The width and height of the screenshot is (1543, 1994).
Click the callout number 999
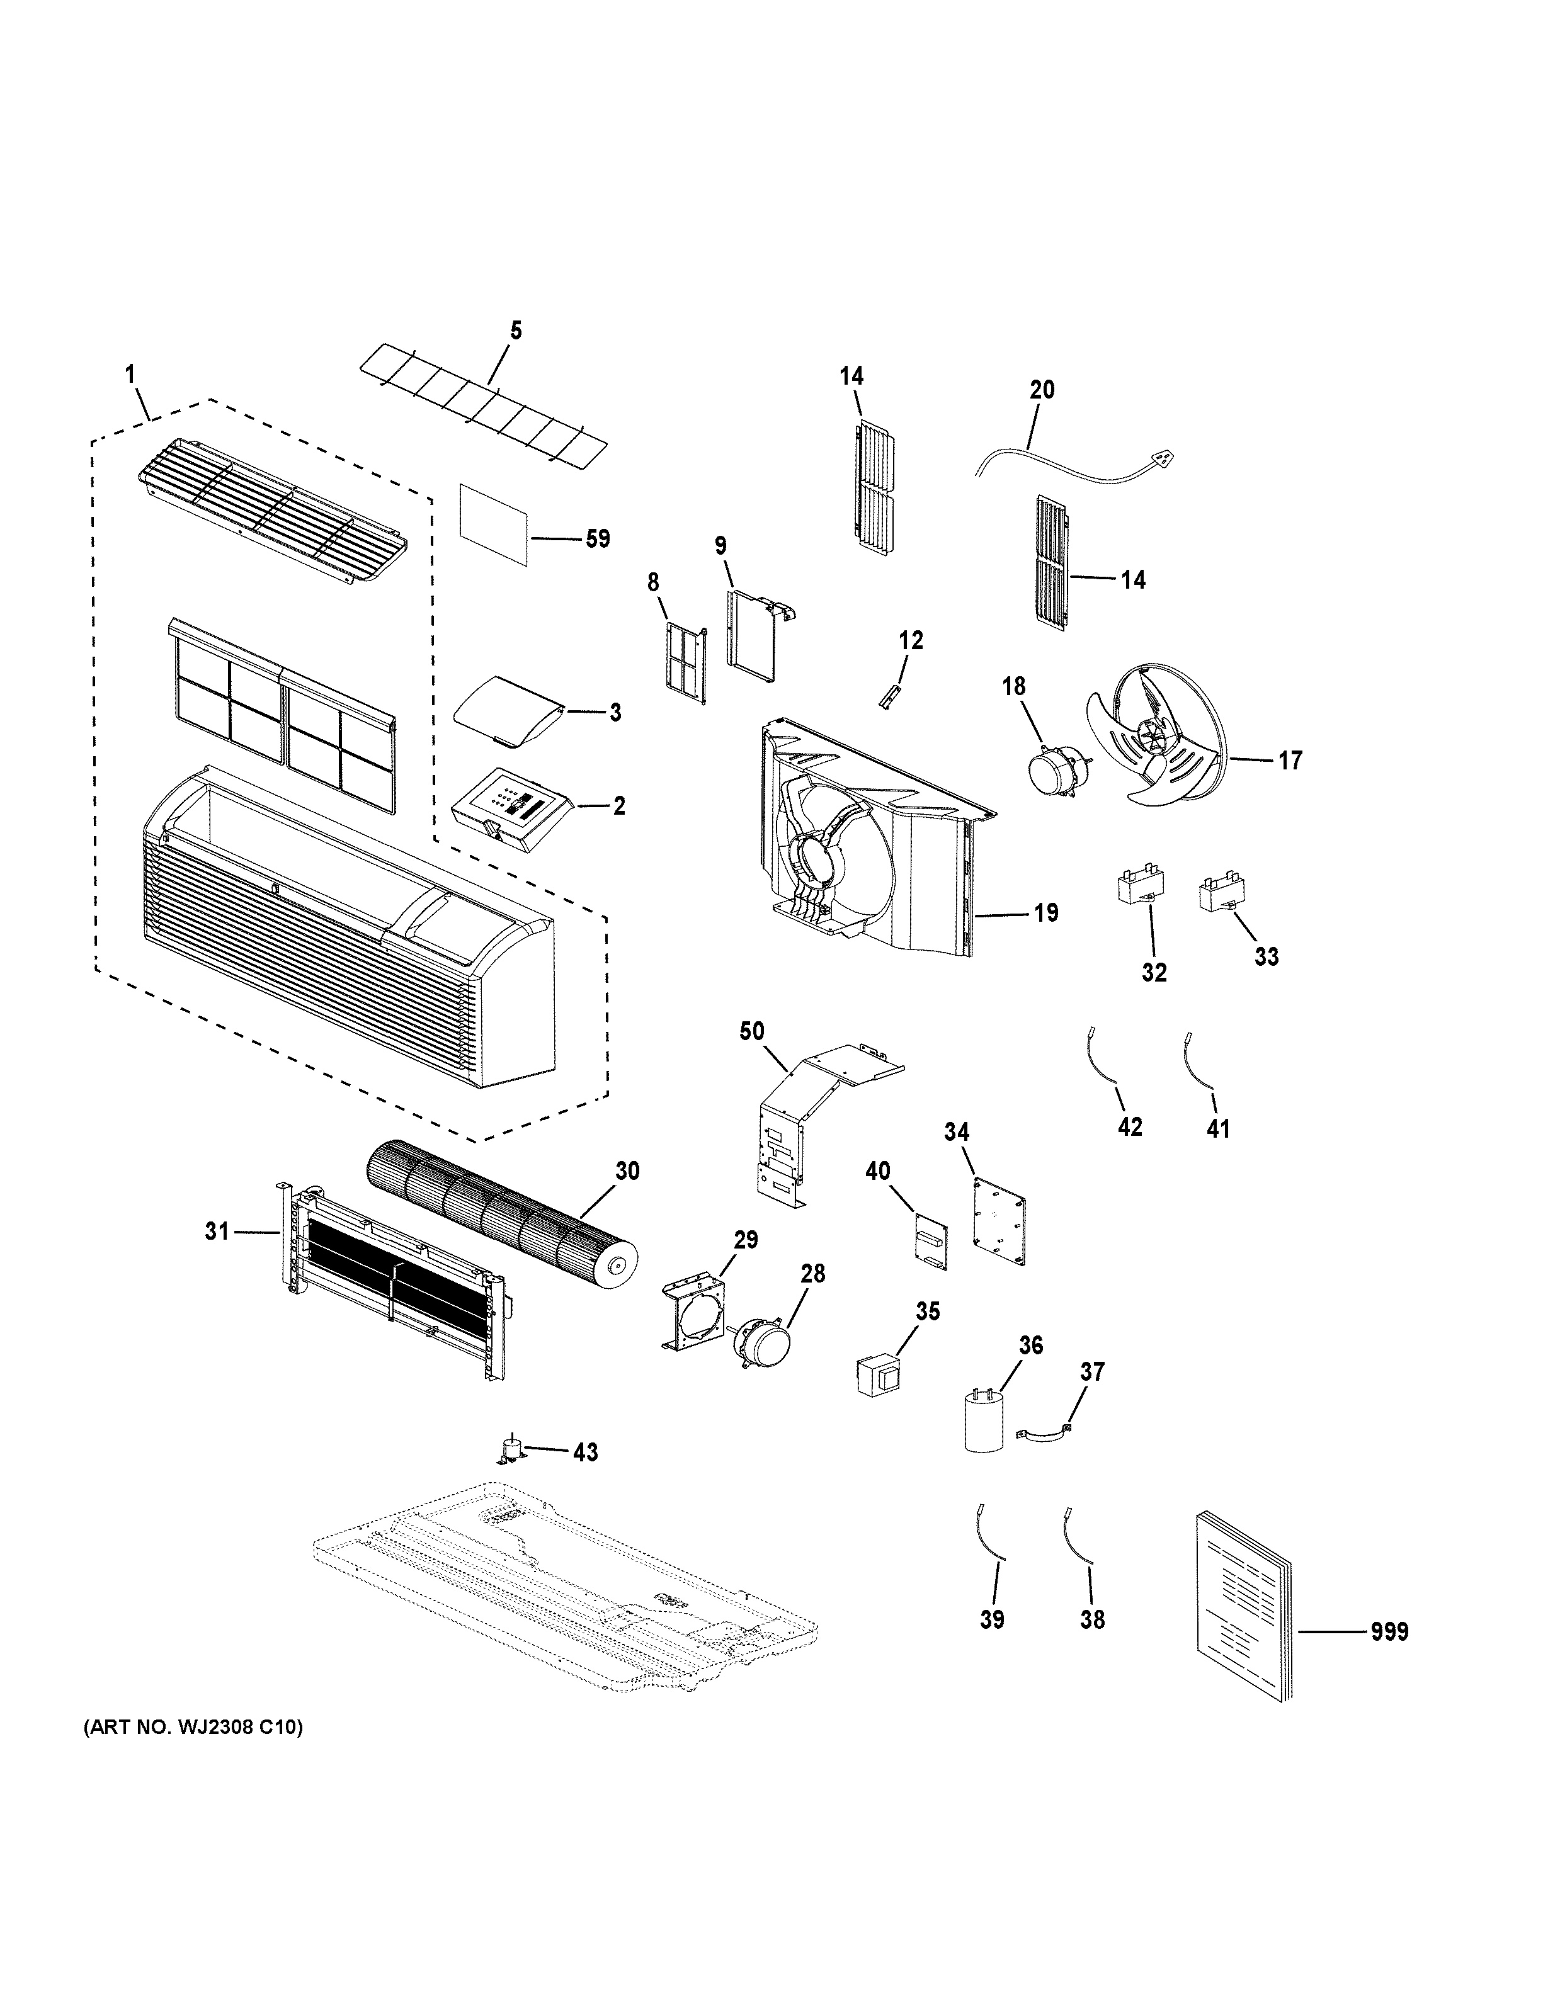(1389, 1631)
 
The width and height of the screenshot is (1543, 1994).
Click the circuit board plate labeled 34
(999, 1221)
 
